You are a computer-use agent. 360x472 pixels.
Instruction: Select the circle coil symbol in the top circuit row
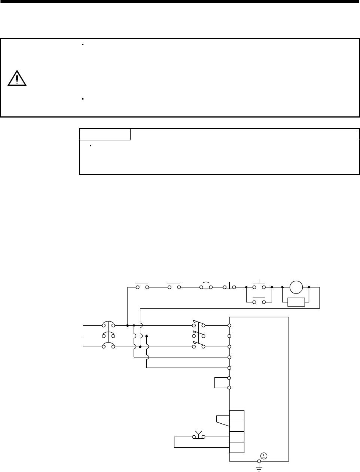pos(296,287)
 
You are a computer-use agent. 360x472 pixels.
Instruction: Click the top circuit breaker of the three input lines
pos(108,324)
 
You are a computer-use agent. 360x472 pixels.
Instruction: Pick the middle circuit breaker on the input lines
pos(108,335)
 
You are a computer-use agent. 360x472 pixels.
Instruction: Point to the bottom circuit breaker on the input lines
pos(108,346)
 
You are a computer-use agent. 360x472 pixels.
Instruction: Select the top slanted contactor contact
pos(198,324)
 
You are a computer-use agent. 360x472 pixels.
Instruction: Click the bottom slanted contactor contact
pos(198,345)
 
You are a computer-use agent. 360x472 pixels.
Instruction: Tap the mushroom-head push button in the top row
pos(206,286)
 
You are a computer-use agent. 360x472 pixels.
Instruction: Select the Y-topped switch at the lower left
pos(198,436)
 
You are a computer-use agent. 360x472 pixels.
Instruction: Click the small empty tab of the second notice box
pos(105,134)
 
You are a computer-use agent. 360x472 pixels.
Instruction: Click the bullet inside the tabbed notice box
pos(91,145)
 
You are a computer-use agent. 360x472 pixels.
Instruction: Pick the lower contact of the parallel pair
pos(259,301)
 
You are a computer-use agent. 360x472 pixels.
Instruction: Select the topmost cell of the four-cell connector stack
pos(237,415)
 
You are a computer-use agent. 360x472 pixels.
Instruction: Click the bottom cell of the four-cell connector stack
pos(237,447)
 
